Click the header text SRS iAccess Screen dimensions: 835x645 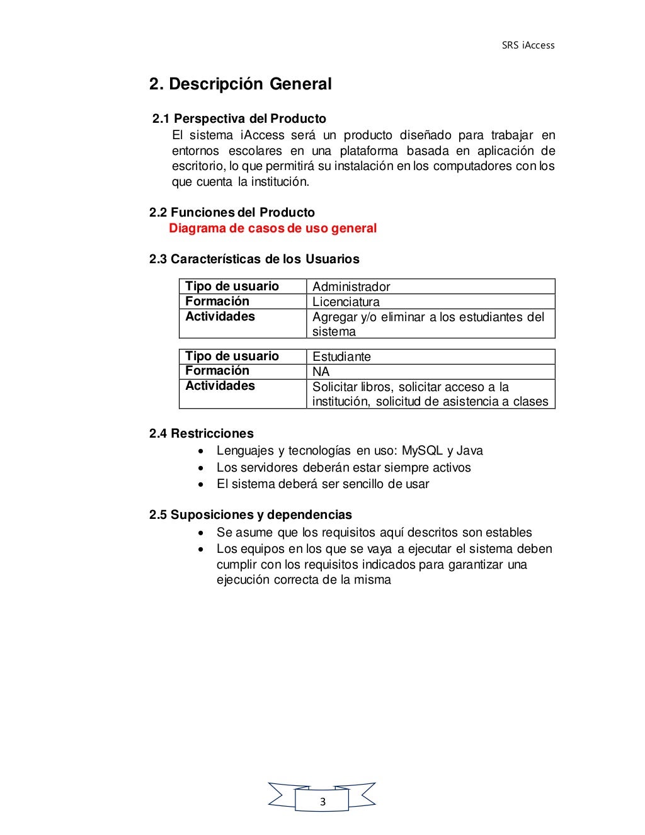coord(528,45)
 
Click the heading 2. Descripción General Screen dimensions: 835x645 coord(240,84)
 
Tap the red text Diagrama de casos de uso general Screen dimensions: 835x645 coord(273,228)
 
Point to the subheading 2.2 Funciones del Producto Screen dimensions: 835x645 coord(232,212)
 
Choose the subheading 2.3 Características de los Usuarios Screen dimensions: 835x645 coord(254,259)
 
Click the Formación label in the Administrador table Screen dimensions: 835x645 coord(217,302)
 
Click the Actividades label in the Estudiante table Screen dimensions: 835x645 coord(220,386)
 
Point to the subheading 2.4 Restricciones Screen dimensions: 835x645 coord(202,433)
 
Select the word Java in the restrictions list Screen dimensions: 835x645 coord(469,450)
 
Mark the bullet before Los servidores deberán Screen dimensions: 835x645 coord(200,468)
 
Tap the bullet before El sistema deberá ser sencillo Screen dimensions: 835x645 coord(200,484)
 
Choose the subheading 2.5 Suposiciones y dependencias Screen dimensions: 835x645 coord(251,514)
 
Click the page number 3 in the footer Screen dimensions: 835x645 coord(322,802)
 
